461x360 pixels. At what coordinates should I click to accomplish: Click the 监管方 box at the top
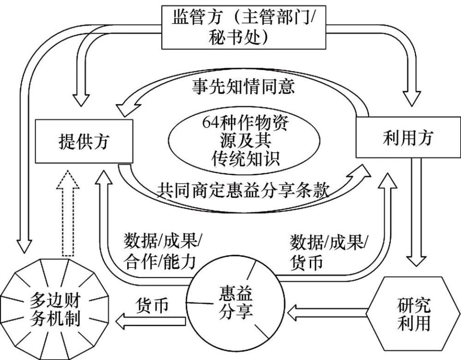tap(244, 27)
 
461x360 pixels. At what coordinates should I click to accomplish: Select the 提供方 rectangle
tap(84, 141)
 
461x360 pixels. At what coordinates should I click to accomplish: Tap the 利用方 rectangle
tap(408, 137)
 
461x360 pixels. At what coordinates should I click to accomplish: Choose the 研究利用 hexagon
tap(413, 313)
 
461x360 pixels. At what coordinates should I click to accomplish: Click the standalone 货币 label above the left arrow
tap(152, 305)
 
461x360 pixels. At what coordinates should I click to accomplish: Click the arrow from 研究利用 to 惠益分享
tap(327, 312)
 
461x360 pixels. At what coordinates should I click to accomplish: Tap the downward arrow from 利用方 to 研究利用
tap(416, 212)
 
